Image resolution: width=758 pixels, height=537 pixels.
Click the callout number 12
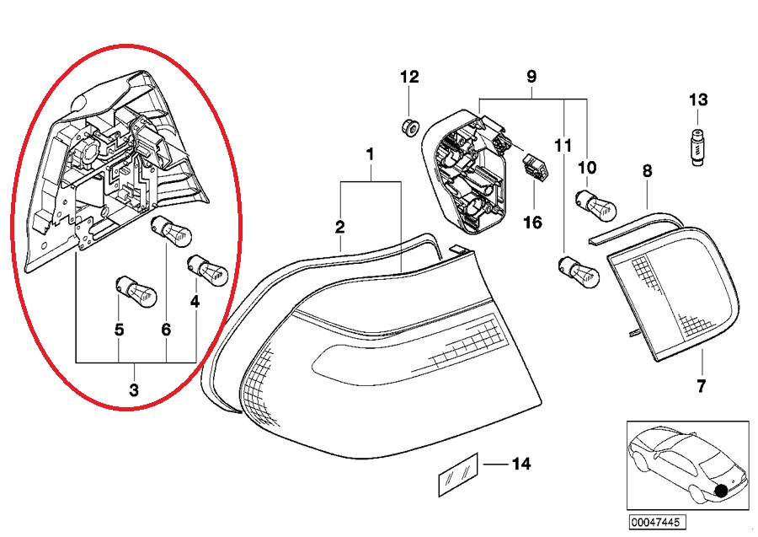tap(409, 77)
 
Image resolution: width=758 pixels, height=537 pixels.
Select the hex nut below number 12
tap(409, 128)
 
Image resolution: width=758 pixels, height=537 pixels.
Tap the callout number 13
tap(699, 100)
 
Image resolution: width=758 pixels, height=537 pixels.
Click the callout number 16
tap(532, 223)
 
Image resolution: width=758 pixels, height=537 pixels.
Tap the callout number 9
tap(531, 77)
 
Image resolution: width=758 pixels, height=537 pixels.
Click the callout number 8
tap(647, 171)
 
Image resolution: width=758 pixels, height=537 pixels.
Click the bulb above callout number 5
tap(135, 292)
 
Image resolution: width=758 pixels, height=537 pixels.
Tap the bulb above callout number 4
tap(205, 269)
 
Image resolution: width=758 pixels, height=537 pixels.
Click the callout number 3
tap(134, 390)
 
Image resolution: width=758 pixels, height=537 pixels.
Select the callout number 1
tap(369, 154)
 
